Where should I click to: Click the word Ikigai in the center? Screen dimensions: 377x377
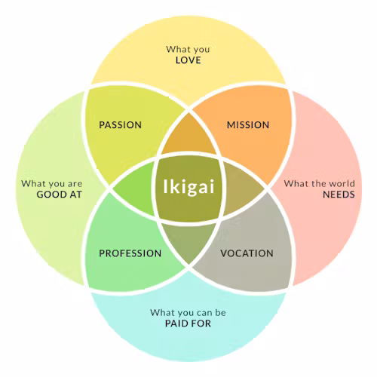(x=188, y=186)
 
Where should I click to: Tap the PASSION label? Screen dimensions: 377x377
(x=120, y=125)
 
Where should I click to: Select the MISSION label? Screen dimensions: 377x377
(x=248, y=125)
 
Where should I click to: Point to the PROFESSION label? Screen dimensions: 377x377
(x=130, y=253)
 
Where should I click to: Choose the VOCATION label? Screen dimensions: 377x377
(x=247, y=253)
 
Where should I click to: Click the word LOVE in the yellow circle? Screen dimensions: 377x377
(x=188, y=60)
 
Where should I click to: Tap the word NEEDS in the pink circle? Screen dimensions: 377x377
(x=339, y=195)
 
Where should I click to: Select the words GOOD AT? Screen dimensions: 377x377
(x=60, y=195)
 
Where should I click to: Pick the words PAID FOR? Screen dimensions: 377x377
(x=188, y=323)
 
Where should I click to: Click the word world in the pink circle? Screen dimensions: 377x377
(x=342, y=183)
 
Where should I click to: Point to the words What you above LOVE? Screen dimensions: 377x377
(x=188, y=50)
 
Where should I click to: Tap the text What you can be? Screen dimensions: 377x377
(x=188, y=313)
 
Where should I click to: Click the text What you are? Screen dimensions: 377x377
(x=52, y=184)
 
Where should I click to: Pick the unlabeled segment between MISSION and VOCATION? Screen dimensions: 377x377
(x=243, y=188)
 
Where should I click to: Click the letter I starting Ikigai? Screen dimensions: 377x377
(x=165, y=186)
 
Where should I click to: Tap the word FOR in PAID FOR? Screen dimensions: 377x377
(x=202, y=323)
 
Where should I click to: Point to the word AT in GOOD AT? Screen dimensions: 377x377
(x=76, y=195)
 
